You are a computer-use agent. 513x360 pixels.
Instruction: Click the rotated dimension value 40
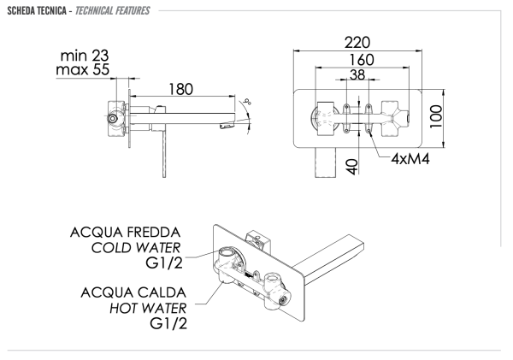click(x=351, y=164)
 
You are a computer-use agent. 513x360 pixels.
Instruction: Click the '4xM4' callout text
click(x=410, y=158)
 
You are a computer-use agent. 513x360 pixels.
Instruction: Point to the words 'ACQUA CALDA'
click(x=126, y=293)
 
